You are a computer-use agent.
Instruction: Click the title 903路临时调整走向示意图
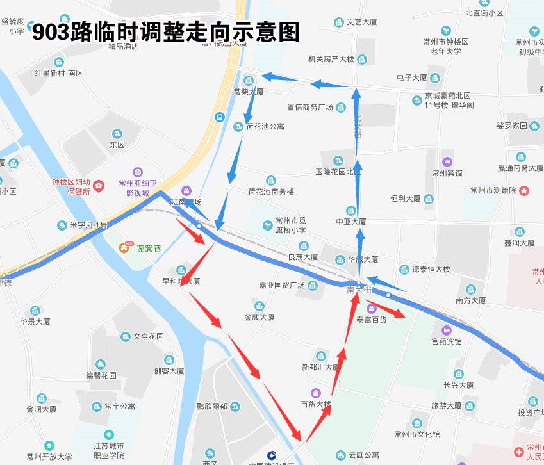(166, 31)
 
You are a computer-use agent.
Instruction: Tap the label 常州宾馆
(447, 173)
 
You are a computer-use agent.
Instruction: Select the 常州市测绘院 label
(493, 190)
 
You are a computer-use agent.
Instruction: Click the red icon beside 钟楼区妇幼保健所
(99, 186)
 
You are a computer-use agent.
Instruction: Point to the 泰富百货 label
(371, 318)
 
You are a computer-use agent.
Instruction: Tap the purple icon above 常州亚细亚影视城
(137, 172)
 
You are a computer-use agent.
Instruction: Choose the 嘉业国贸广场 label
(281, 285)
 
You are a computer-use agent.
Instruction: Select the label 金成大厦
(259, 317)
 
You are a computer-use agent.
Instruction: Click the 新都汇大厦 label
(320, 367)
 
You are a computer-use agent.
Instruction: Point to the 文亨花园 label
(149, 336)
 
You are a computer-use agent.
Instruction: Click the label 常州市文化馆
(416, 434)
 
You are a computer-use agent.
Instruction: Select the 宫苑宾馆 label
(447, 341)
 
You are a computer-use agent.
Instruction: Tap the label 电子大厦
(411, 77)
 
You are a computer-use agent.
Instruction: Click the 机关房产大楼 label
(331, 60)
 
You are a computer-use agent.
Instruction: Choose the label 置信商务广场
(310, 107)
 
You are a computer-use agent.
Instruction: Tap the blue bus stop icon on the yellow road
(219, 117)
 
